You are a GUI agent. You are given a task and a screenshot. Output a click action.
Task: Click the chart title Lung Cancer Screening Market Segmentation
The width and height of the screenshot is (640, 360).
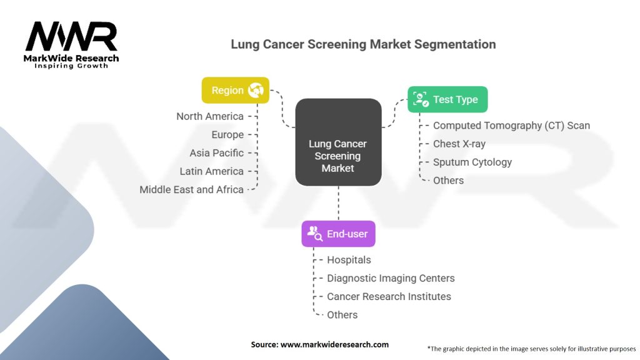point(363,44)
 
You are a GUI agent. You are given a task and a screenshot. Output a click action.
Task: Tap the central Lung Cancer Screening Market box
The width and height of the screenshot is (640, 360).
point(338,156)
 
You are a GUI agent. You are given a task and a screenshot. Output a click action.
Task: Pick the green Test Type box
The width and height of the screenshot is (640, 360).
point(447,99)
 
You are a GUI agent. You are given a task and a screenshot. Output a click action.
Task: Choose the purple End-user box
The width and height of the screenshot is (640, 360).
point(338,234)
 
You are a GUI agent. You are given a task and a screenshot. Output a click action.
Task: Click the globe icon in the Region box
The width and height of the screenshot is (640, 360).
point(255,91)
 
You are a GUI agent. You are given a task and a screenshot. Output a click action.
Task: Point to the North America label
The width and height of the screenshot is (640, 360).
point(210,116)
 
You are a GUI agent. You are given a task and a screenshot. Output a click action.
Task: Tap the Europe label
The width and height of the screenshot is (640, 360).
point(227,134)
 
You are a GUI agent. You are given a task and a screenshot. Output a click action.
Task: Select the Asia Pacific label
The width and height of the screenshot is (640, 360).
point(217,152)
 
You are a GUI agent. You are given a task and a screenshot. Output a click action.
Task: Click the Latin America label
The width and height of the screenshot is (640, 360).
point(212,171)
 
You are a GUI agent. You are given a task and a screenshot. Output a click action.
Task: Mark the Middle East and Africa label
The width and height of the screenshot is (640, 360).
point(192,189)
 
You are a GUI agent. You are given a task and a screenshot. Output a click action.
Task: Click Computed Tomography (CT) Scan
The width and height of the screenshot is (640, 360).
point(511,126)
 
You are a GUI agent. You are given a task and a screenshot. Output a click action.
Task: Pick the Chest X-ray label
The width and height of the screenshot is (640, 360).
point(459,144)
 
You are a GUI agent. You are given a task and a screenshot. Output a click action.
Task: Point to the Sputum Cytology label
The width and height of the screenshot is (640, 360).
point(472,162)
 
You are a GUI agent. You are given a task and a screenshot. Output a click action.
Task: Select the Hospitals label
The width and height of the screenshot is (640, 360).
point(349,260)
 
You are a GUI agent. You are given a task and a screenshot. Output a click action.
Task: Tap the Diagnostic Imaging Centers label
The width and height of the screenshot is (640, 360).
point(391,278)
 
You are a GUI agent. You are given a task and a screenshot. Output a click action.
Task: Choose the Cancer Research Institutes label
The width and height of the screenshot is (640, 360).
point(389,296)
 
